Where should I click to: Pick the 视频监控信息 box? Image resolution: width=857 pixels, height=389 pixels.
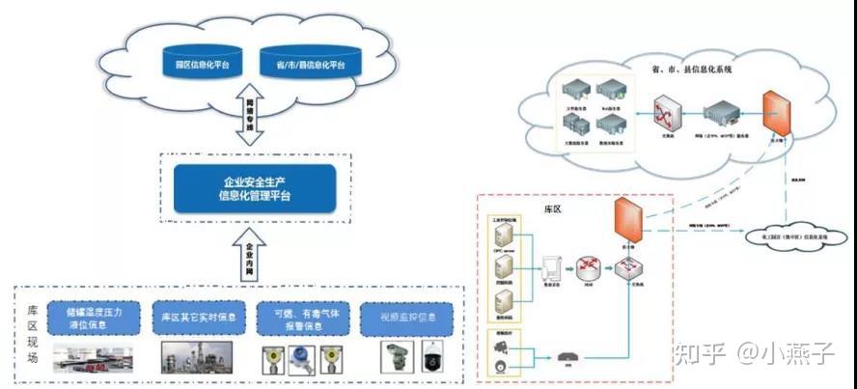[406, 318]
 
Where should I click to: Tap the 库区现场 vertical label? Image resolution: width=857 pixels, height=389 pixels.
[33, 332]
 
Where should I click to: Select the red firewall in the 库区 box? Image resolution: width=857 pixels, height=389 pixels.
[628, 220]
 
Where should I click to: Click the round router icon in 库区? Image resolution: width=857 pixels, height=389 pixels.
[591, 267]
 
